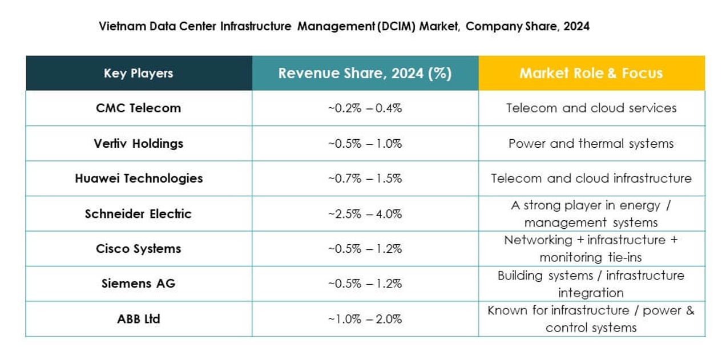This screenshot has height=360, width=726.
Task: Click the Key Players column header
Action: click(x=138, y=74)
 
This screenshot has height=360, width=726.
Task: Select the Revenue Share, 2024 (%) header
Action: click(x=365, y=74)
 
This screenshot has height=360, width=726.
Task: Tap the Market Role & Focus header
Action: click(x=591, y=74)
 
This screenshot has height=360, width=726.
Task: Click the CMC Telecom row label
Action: click(x=138, y=108)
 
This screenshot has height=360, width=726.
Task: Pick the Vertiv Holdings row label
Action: click(x=138, y=143)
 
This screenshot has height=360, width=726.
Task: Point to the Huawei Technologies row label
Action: click(x=138, y=179)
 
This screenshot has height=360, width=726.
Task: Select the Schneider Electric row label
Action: click(x=138, y=214)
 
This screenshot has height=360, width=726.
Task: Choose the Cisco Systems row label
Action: click(x=138, y=249)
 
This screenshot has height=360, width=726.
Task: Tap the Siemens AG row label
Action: click(x=138, y=284)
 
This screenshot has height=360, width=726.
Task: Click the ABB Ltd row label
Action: click(x=138, y=319)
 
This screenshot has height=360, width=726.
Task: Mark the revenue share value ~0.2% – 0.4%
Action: click(x=365, y=108)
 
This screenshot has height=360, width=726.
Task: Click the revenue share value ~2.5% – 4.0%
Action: click(x=365, y=214)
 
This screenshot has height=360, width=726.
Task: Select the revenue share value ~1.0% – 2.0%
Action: click(x=365, y=319)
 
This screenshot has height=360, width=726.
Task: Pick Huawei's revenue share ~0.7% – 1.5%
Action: click(x=365, y=179)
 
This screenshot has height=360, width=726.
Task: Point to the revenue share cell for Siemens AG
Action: click(x=365, y=284)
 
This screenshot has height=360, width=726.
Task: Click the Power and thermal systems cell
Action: click(x=591, y=143)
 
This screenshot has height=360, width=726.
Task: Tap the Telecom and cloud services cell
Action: click(x=591, y=108)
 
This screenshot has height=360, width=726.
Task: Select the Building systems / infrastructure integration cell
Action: click(x=591, y=284)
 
